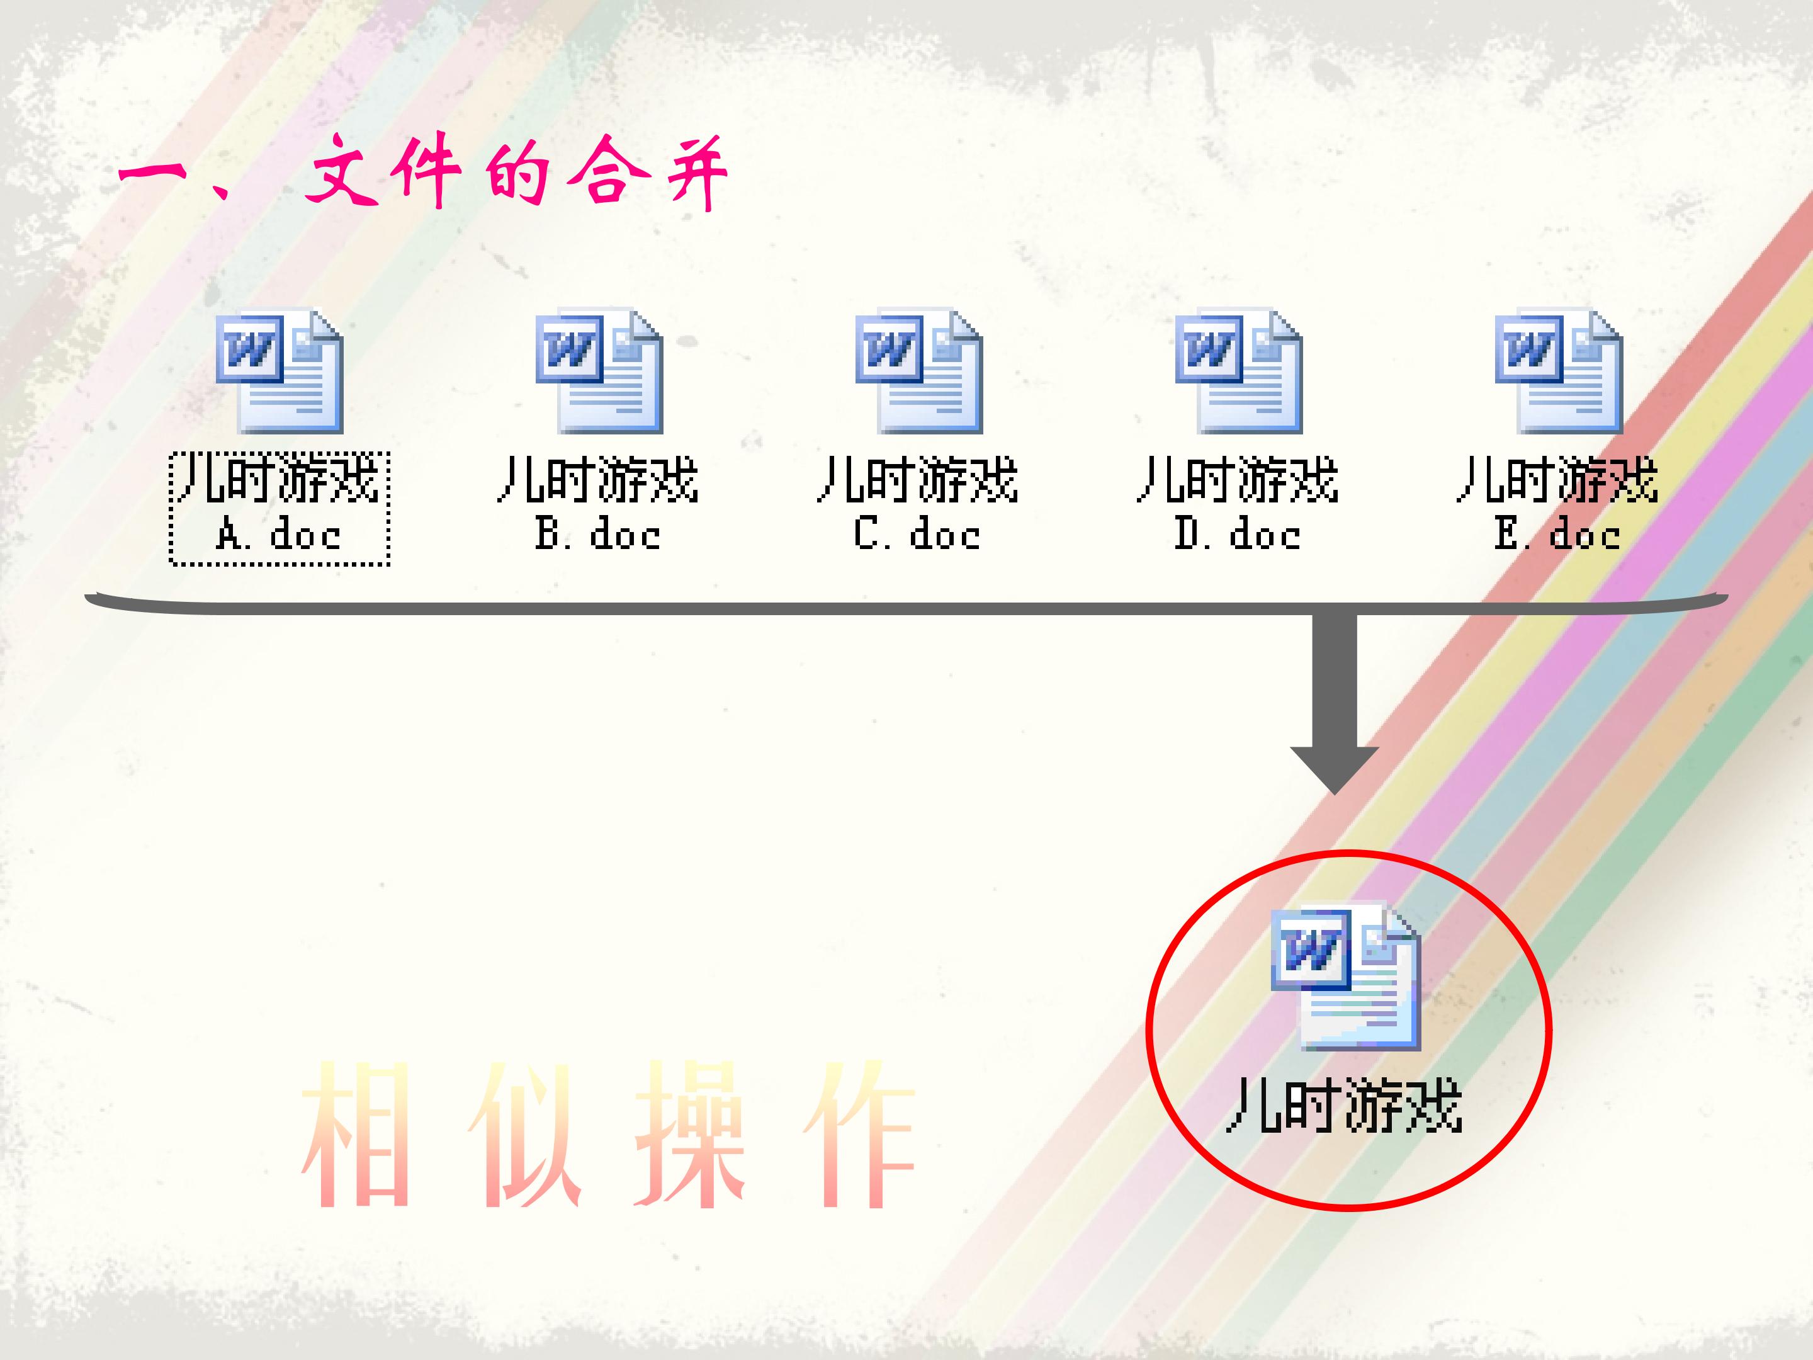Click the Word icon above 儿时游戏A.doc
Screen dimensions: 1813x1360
click(280, 371)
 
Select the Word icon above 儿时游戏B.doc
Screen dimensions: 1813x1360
click(599, 371)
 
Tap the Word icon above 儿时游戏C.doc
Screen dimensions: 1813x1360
click(919, 371)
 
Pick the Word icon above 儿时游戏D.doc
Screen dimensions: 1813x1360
click(1238, 371)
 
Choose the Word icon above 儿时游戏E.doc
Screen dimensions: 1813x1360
click(1558, 371)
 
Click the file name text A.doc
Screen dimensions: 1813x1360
click(279, 535)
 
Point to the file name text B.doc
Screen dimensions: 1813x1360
click(597, 535)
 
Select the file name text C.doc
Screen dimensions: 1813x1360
click(917, 535)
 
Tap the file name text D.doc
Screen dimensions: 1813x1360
click(1237, 535)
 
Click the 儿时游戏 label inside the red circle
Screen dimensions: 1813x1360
click(1344, 1106)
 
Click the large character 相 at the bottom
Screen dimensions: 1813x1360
click(356, 1135)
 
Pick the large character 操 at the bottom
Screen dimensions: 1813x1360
click(689, 1135)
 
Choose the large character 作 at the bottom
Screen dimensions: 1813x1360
click(858, 1135)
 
